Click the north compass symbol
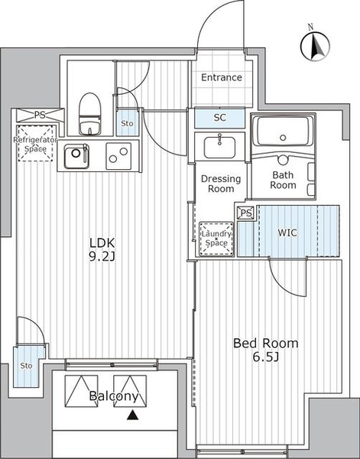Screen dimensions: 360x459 coord(315,46)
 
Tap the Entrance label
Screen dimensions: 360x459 coord(222,77)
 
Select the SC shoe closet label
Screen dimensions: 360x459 coord(219,118)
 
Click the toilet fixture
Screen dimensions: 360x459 coord(89,113)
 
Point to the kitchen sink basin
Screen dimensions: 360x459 coord(76,156)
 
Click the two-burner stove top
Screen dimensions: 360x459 coord(118,156)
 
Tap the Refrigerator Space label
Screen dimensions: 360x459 coord(35,145)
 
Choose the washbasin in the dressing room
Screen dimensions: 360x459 coord(219,146)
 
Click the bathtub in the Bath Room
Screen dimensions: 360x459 coord(283,131)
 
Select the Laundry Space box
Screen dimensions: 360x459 coord(216,239)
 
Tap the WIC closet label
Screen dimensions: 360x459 coord(287,233)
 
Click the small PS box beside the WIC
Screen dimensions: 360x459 coord(245,213)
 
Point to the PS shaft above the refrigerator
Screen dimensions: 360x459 coord(40,115)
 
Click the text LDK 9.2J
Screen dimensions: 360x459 coord(102,249)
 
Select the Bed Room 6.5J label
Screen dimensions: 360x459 coord(265,350)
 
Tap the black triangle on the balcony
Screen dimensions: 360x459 coord(132,415)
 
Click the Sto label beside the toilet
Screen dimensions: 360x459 coord(127,123)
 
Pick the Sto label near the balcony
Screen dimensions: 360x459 coord(26,366)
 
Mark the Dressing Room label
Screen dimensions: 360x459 coord(221,184)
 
